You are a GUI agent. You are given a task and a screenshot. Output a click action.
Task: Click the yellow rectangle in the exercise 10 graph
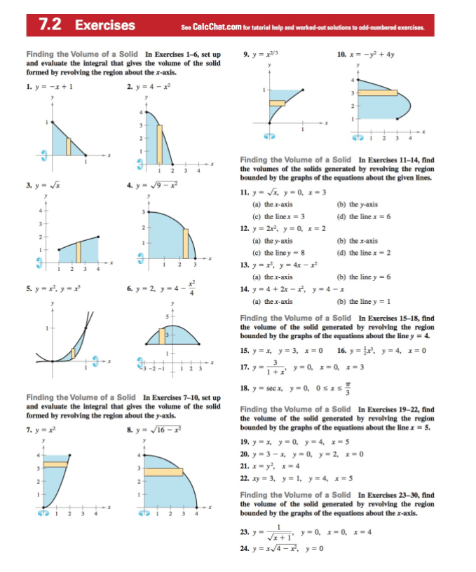[x=379, y=92]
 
